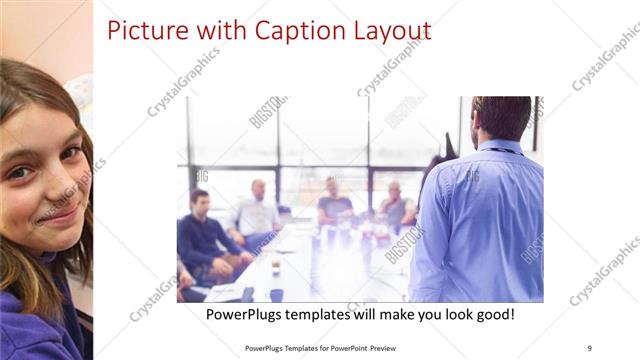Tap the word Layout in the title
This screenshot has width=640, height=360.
pyautogui.click(x=386, y=31)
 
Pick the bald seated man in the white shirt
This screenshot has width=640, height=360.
pyautogui.click(x=257, y=211)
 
